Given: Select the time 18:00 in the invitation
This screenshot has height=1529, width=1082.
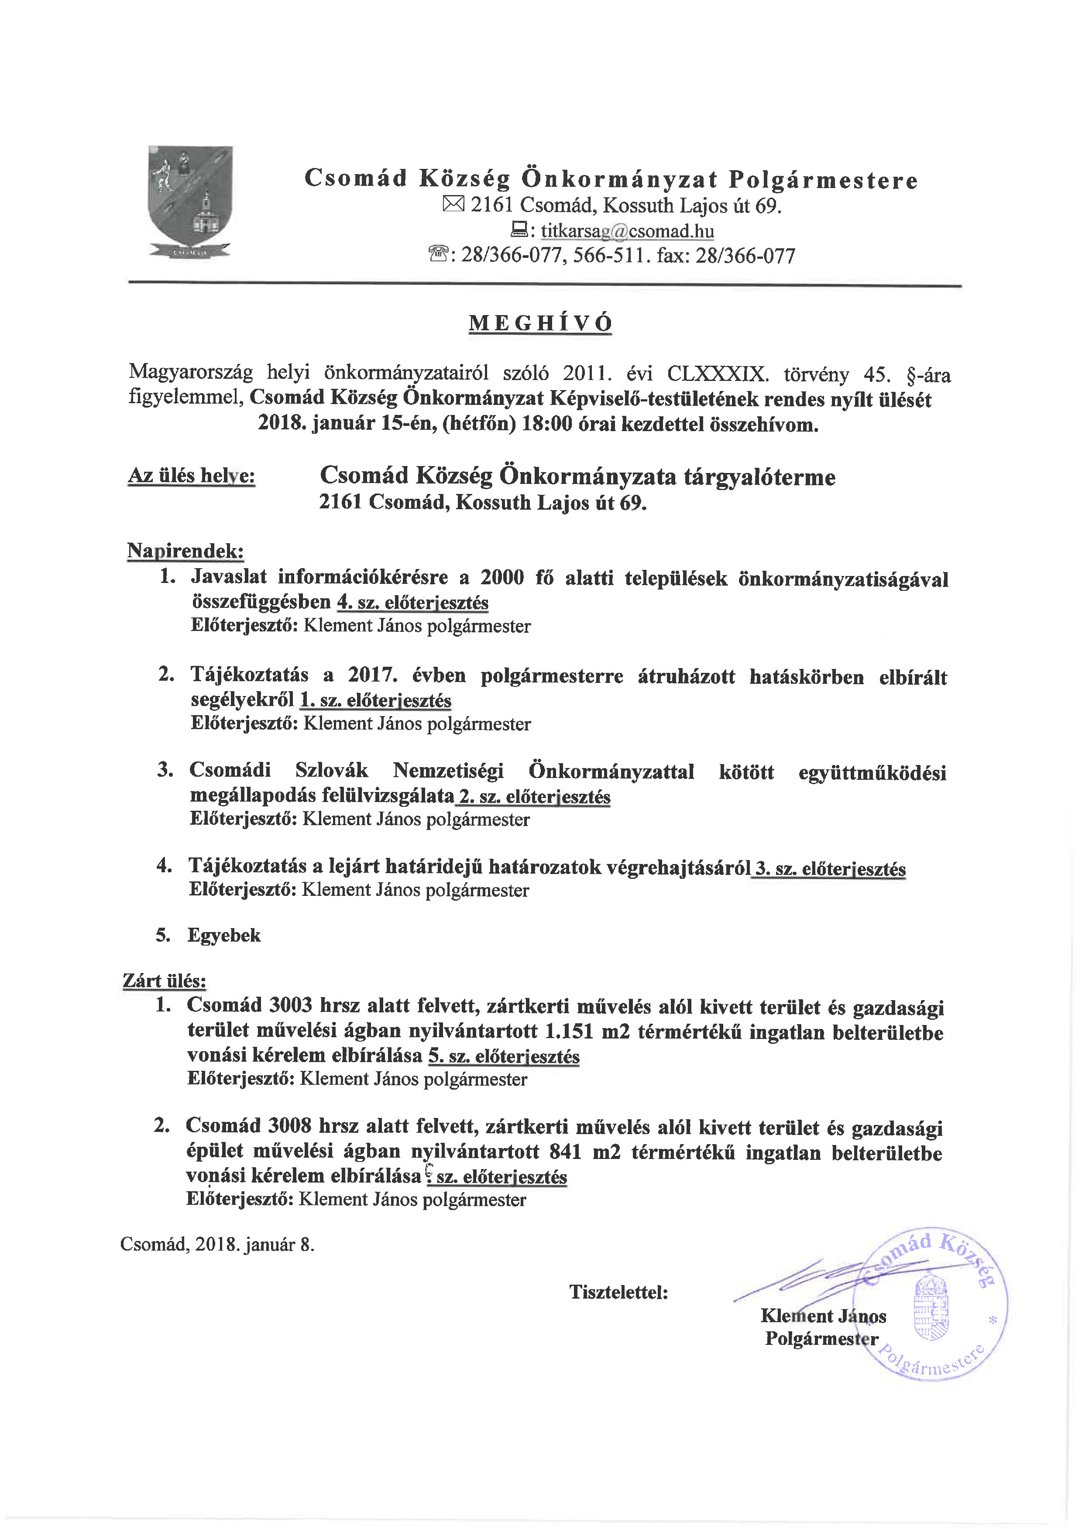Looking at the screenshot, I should tap(548, 424).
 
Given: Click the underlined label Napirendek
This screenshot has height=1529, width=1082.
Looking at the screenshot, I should tap(185, 551).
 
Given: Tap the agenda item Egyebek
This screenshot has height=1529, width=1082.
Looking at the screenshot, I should tap(224, 935).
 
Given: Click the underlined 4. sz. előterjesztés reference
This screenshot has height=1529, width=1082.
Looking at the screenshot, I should tap(413, 602).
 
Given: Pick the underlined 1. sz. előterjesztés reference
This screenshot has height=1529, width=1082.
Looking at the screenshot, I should tap(376, 700).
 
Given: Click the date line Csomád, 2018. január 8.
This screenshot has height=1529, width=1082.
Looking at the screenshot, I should tap(217, 1244).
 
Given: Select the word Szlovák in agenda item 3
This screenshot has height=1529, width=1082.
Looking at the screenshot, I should tap(332, 771).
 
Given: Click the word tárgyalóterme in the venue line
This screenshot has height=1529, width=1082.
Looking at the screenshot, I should tap(759, 477).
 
